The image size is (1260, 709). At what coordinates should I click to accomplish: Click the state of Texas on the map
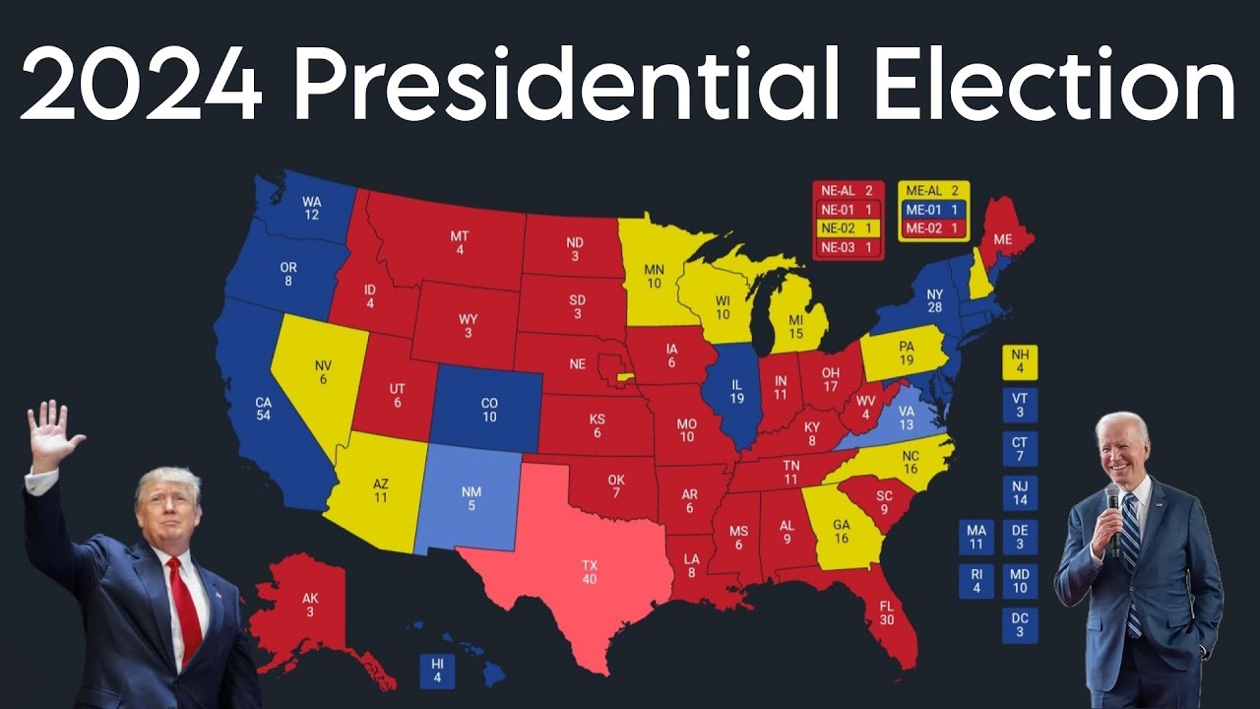(589, 571)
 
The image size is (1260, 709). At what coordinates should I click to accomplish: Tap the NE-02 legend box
(848, 227)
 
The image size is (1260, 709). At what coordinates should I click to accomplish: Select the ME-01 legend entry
(933, 209)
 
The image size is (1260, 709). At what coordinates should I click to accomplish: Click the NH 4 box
(1019, 362)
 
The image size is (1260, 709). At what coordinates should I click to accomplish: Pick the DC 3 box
(1019, 624)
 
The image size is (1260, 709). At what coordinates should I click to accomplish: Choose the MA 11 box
(976, 537)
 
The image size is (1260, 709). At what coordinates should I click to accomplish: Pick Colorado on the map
(489, 410)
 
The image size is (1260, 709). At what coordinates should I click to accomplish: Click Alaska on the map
(309, 605)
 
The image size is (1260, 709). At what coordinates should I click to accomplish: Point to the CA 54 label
(263, 408)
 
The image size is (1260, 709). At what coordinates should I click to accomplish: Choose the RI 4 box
(976, 581)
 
